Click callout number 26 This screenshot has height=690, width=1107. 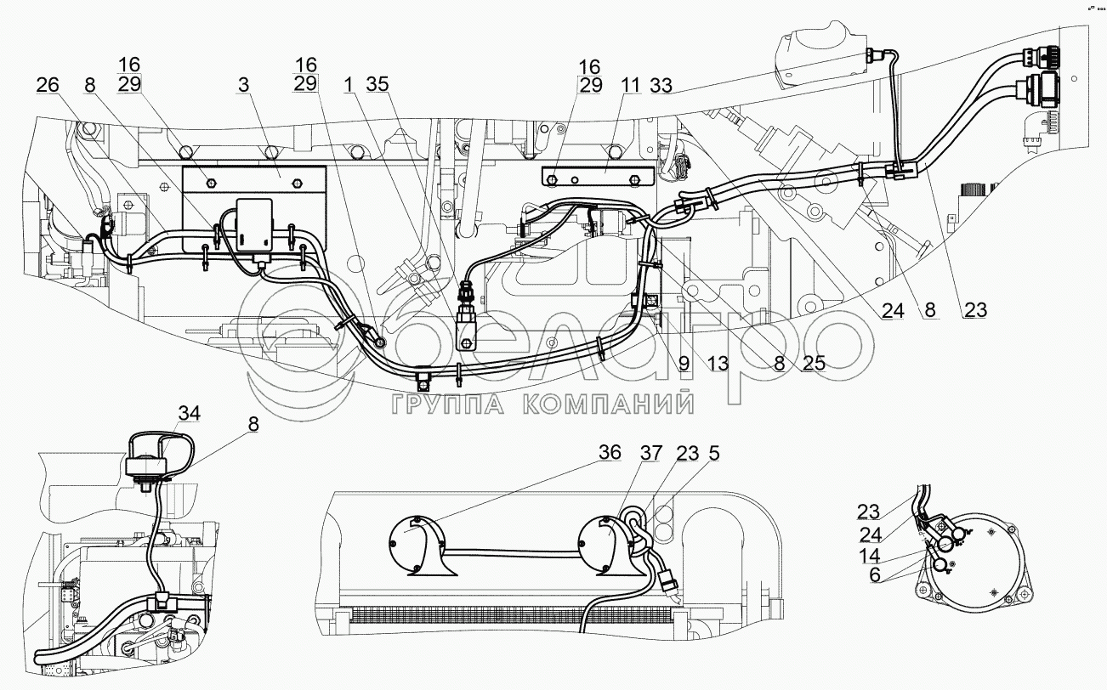[x=48, y=86]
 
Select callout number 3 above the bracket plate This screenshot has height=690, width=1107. [x=244, y=85]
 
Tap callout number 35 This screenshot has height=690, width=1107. [x=378, y=84]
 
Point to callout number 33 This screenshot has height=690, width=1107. [x=661, y=86]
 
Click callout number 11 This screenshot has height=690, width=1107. [x=631, y=86]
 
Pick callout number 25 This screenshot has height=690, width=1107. [x=814, y=364]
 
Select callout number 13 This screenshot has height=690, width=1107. [x=718, y=364]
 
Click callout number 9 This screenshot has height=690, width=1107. [x=684, y=364]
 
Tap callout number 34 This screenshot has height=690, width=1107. [x=190, y=413]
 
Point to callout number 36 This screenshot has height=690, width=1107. [x=610, y=452]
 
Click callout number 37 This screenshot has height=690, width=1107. [x=651, y=453]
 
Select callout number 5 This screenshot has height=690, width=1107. [x=713, y=453]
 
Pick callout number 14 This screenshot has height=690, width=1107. [x=869, y=556]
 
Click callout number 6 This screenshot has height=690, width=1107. [x=875, y=575]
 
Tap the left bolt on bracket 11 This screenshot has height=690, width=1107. [x=553, y=177]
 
